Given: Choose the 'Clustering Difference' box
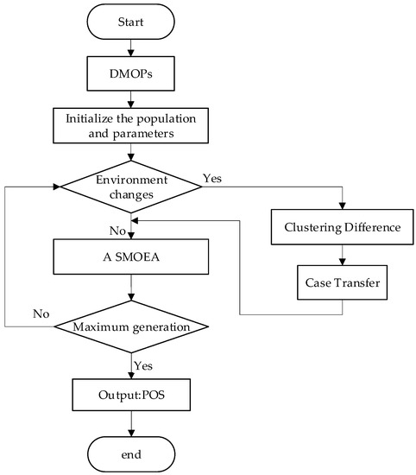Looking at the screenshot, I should [x=344, y=228].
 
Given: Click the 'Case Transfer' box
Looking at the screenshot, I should [x=344, y=282].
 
